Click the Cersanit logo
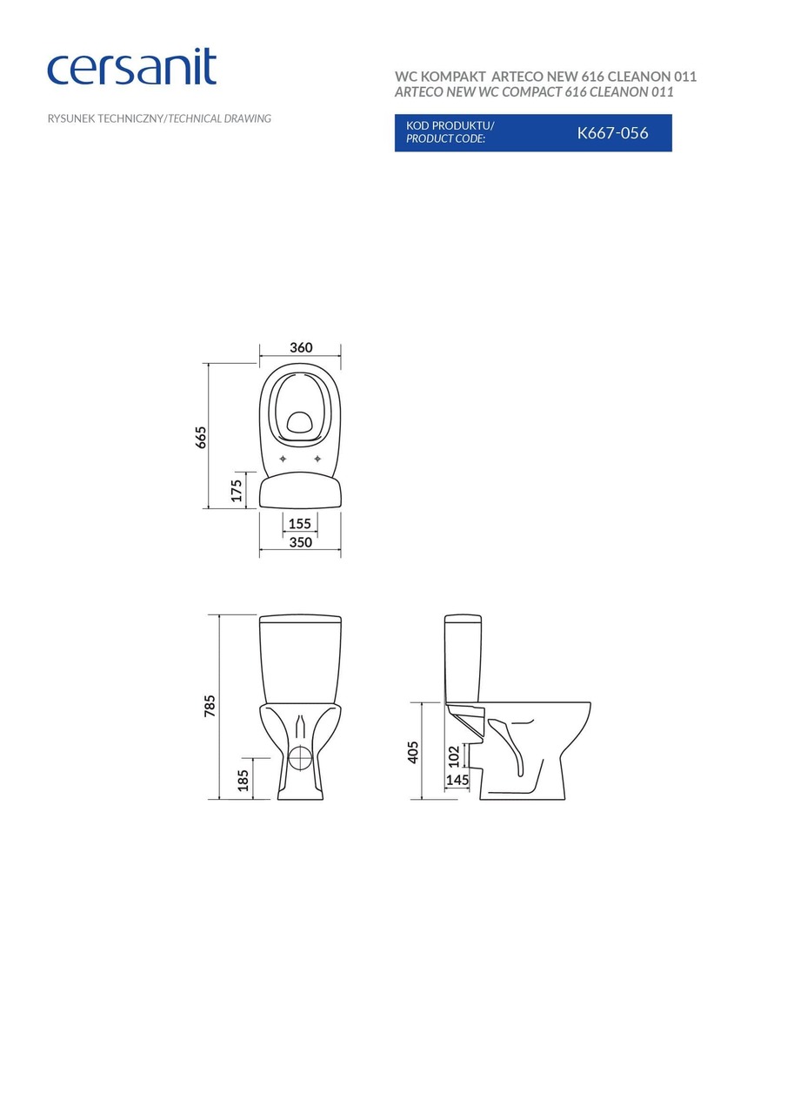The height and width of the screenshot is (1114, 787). tap(131, 68)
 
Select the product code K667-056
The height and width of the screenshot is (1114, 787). tap(612, 133)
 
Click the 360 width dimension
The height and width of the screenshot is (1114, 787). tap(301, 347)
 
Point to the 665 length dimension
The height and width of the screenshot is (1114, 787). tap(201, 437)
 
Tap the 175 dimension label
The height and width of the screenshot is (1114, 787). tap(236, 490)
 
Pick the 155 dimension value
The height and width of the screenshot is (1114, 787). tap(300, 524)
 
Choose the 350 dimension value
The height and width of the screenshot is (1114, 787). tap(300, 542)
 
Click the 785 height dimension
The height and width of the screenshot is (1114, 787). tap(210, 706)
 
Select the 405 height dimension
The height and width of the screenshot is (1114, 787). tap(413, 752)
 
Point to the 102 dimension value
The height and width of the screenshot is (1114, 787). tap(453, 755)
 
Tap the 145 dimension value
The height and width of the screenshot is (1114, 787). tap(457, 780)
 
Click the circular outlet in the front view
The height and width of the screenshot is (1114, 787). tap(300, 757)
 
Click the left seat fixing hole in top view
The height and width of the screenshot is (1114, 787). tap(283, 459)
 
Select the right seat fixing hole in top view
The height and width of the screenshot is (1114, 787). tap(317, 459)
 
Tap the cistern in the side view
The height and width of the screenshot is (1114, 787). tap(463, 657)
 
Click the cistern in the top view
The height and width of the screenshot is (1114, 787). tap(300, 491)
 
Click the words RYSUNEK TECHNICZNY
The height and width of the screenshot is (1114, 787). tap(105, 118)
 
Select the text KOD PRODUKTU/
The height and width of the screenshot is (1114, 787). tap(450, 125)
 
